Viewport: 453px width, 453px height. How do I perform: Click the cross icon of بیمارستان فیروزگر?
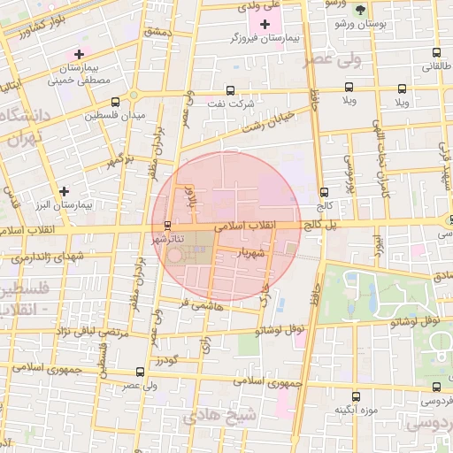tap(266, 22)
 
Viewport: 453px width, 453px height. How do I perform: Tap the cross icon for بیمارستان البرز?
tap(63, 190)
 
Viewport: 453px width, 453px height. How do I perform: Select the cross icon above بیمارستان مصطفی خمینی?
tap(79, 55)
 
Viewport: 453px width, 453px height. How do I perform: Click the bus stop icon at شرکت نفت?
tap(231, 90)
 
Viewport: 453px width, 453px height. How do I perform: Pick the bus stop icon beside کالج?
tap(323, 191)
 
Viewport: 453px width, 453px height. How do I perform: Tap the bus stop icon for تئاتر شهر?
tap(168, 225)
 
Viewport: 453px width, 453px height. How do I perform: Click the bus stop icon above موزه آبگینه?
tap(356, 396)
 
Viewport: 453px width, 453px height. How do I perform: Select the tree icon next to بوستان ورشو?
tap(359, 10)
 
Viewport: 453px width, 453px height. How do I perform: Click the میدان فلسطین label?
tap(114, 116)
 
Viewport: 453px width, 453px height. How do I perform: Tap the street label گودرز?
tap(166, 361)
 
